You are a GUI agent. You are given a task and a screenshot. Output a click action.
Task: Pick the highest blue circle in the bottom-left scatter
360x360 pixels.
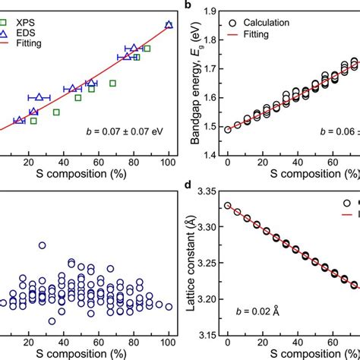(42, 245)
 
